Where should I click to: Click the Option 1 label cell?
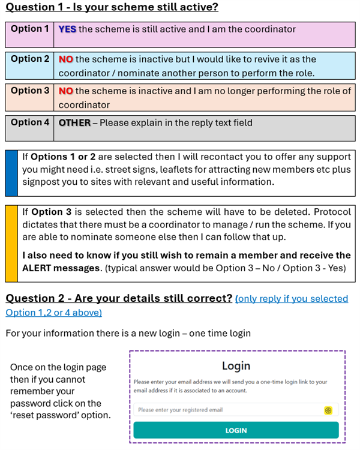[30, 29]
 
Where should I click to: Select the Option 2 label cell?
[30, 59]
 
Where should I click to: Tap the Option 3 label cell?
[30, 91]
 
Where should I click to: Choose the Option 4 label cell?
[30, 122]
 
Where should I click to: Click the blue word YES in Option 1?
[67, 29]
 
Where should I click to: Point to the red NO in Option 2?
[66, 59]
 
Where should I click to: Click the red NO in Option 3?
[66, 91]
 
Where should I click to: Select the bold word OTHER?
[74, 123]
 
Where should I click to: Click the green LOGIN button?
[236, 430]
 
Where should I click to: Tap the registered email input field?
[228, 410]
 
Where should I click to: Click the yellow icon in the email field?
[328, 410]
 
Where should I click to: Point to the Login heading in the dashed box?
[236, 366]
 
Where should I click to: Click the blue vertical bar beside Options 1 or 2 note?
[11, 173]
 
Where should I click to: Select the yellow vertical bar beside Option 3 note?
[11, 244]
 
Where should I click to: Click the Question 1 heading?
[112, 8]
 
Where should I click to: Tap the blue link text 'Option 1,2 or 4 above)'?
[54, 313]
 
